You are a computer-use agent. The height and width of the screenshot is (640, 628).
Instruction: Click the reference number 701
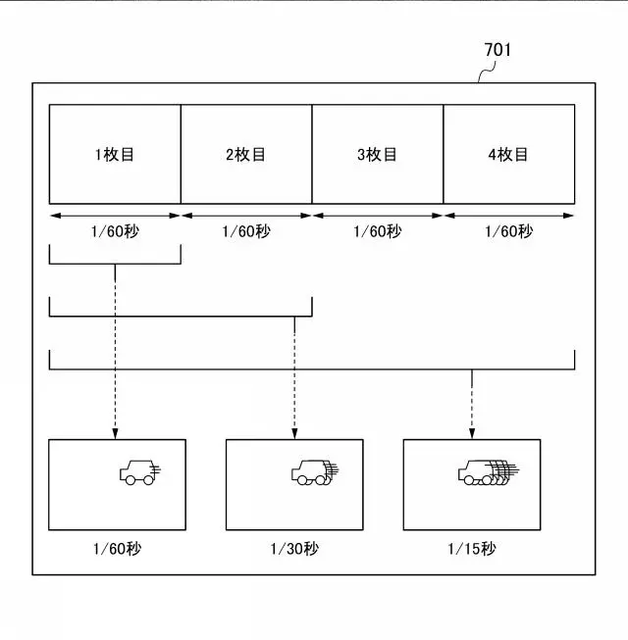[497, 50]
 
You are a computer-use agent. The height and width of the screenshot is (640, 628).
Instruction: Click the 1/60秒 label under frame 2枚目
[246, 231]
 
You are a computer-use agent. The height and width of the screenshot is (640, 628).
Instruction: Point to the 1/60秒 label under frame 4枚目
[508, 231]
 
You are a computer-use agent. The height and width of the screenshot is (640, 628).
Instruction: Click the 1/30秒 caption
[294, 549]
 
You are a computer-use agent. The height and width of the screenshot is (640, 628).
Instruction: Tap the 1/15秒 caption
[472, 549]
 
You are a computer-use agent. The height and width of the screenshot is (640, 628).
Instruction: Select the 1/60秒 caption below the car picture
[117, 549]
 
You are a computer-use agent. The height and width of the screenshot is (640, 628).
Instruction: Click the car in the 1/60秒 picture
[139, 472]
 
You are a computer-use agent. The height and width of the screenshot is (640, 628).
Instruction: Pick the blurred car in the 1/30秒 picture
[315, 472]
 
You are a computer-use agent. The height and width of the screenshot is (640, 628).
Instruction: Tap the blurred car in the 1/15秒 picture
[489, 472]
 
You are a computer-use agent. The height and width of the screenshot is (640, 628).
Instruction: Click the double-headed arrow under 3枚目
[378, 216]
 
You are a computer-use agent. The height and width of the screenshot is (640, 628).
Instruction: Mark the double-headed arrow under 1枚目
[115, 216]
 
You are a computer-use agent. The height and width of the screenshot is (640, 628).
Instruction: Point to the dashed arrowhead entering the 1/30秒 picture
[294, 434]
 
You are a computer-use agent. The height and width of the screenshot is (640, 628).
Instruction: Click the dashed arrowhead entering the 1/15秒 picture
[472, 434]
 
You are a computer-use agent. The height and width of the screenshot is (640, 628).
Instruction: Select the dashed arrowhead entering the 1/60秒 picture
[115, 434]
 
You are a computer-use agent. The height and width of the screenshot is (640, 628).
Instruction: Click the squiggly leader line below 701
[487, 72]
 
